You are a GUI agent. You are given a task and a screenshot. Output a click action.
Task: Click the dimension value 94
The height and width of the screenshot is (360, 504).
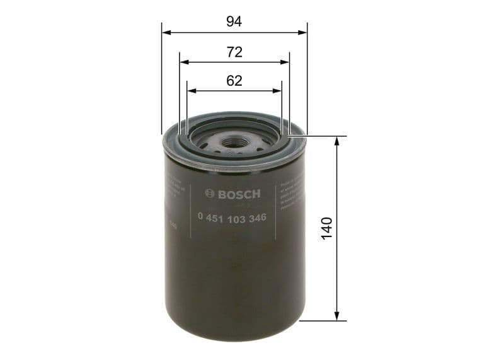coord(234,21)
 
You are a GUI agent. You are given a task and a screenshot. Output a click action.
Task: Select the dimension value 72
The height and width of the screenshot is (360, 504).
coord(234,52)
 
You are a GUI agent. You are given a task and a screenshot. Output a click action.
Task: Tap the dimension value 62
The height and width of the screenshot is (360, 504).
coord(234,80)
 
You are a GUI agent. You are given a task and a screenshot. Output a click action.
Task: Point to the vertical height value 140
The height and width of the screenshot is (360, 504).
coord(326,228)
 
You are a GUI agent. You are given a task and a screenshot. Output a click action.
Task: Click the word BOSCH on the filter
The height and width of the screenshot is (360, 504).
coord(239,194)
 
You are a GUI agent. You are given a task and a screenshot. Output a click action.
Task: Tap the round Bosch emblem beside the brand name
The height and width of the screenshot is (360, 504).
coord(211,194)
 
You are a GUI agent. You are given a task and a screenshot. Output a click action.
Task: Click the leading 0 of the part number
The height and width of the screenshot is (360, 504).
coord(201,217)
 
